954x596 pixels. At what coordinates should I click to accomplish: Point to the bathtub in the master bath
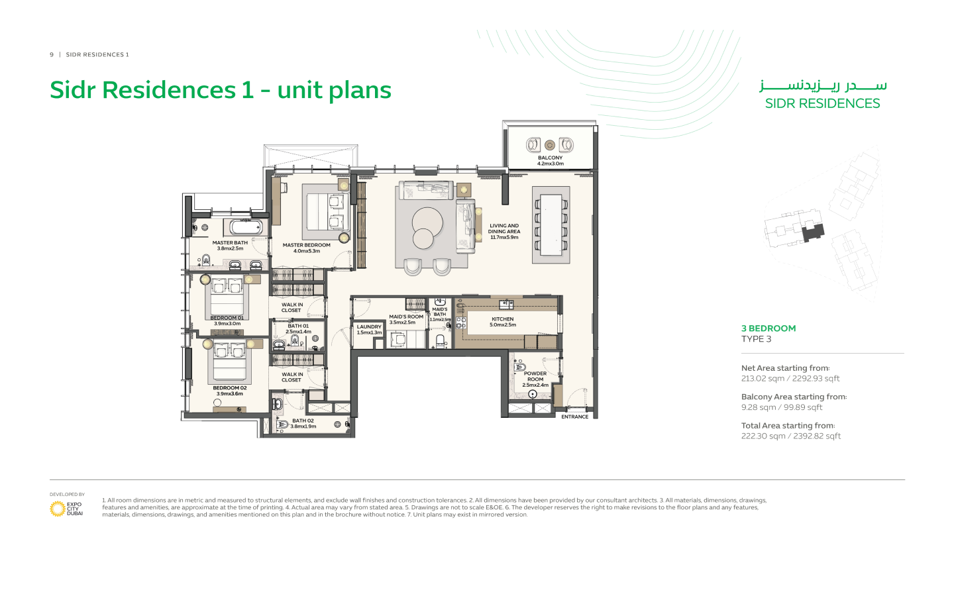point(246,227)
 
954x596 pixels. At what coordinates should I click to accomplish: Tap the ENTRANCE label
point(574,417)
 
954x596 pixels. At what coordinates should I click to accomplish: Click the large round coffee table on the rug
point(427,221)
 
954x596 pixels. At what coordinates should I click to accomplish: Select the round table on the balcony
point(549,145)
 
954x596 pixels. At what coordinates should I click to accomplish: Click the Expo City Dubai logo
point(66,509)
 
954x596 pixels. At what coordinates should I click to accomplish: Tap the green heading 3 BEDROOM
point(768,328)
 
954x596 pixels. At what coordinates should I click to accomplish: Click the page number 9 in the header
point(52,55)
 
